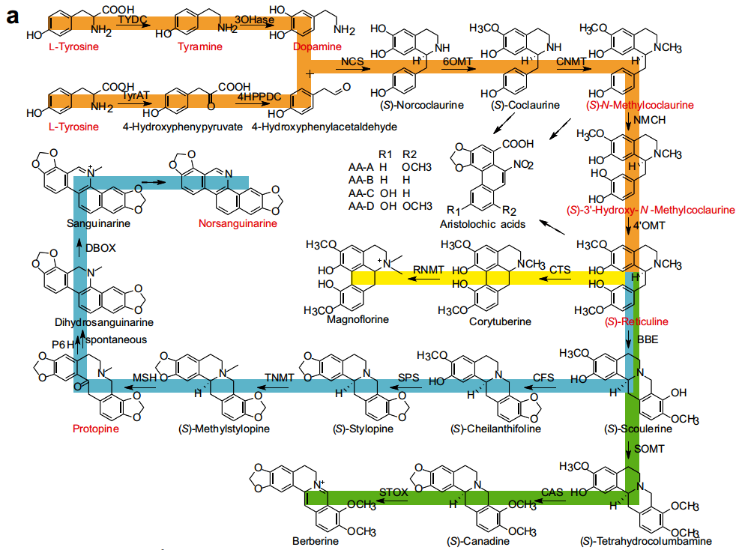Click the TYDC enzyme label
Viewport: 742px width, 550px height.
click(133, 19)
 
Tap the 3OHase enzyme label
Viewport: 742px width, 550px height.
click(254, 19)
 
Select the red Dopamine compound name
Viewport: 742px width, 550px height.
click(317, 46)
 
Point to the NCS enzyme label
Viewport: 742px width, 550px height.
click(352, 61)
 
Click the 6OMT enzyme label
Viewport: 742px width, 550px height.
click(458, 61)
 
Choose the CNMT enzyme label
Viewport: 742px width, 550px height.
click(571, 61)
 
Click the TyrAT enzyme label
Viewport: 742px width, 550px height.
click(136, 95)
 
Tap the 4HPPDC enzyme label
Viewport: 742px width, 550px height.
click(259, 97)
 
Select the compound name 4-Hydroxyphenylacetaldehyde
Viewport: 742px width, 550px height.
click(324, 127)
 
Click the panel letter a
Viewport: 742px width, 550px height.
click(13, 16)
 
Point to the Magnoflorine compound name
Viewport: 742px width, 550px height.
click(358, 319)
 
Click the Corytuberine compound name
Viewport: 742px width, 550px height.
click(500, 321)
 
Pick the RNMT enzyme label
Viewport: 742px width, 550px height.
click(428, 270)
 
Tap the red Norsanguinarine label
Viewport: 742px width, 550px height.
click(238, 223)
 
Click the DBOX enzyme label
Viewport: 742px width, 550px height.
click(100, 248)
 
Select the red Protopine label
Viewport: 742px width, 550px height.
click(96, 429)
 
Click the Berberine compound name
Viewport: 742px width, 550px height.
click(315, 541)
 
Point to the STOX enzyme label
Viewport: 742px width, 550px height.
click(393, 492)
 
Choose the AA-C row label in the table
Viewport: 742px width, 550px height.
click(361, 193)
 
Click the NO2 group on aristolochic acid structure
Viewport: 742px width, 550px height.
click(523, 165)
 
